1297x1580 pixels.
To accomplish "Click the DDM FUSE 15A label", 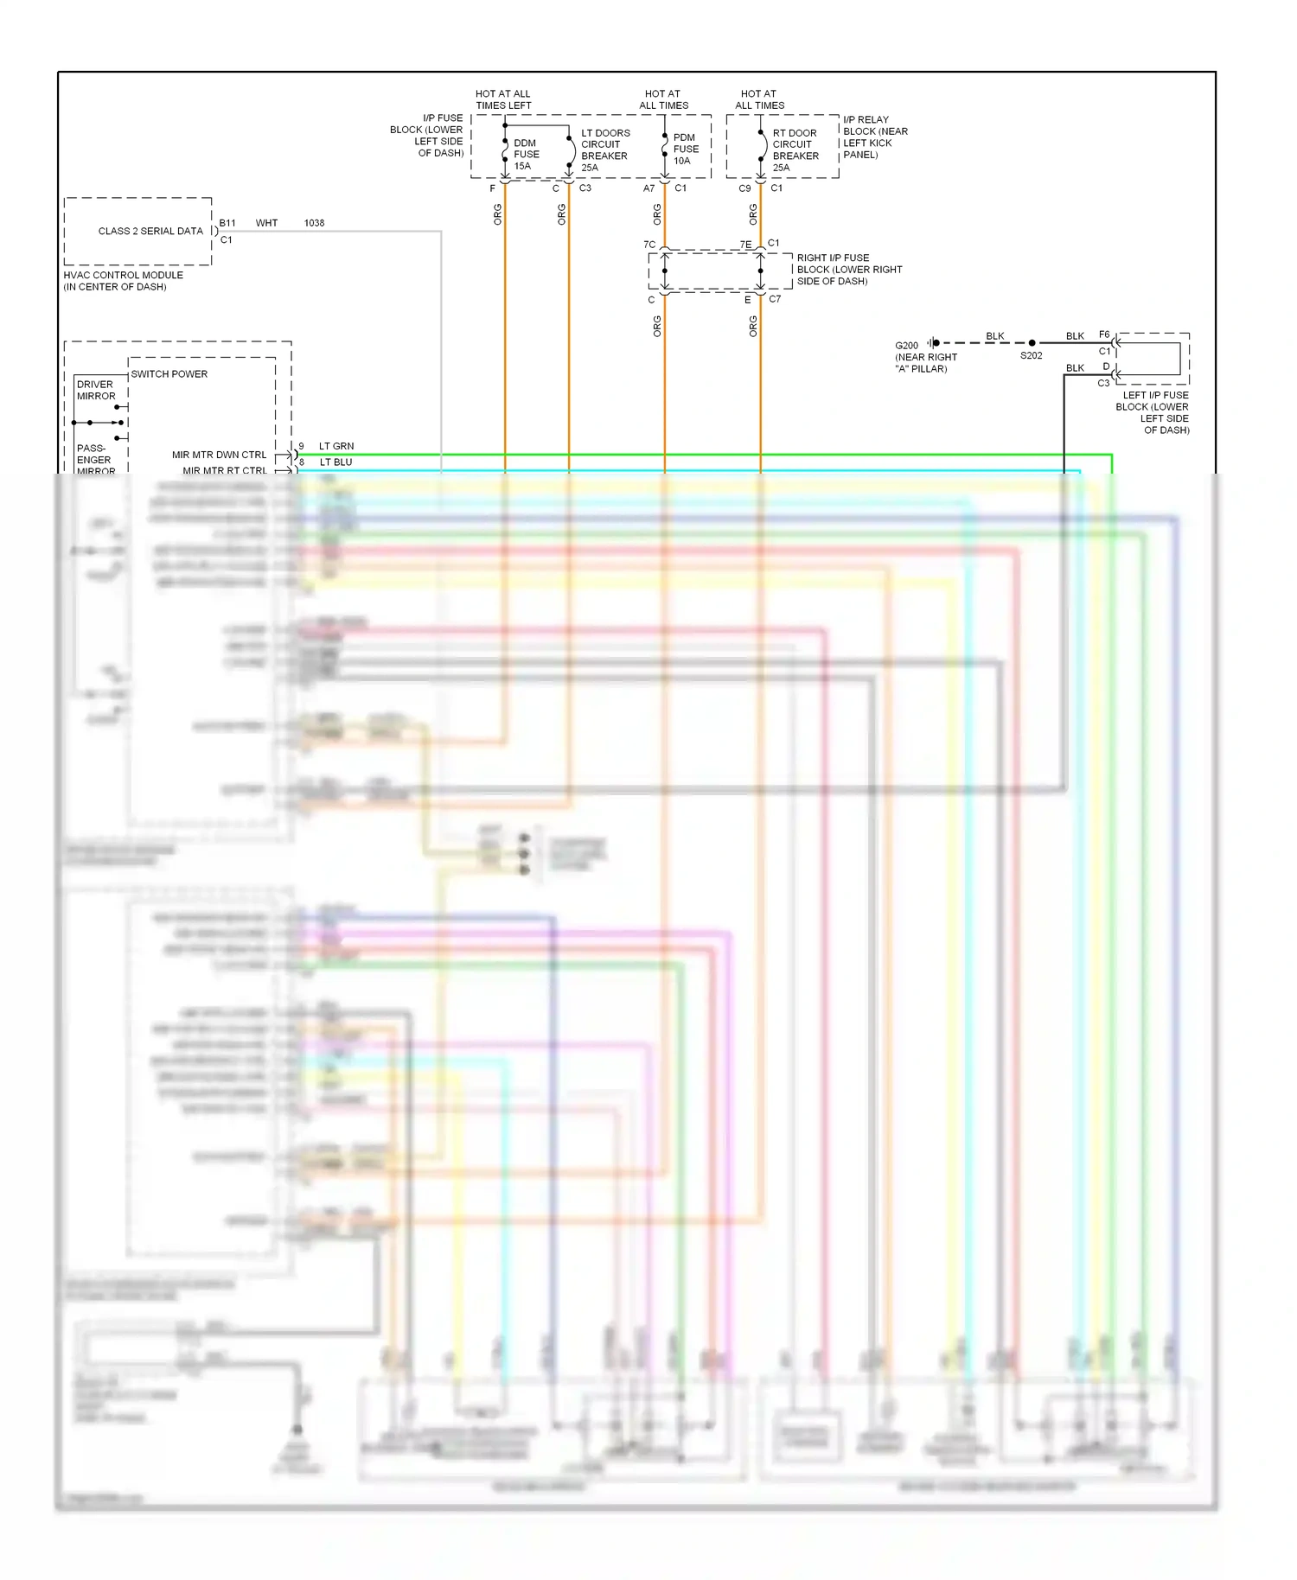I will pyautogui.click(x=526, y=155).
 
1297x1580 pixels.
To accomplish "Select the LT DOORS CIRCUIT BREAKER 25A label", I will pyautogui.click(x=604, y=150).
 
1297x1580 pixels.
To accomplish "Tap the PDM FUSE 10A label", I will pyautogui.click(x=686, y=149).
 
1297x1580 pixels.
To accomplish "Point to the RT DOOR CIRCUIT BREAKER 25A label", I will pyautogui.click(x=795, y=150).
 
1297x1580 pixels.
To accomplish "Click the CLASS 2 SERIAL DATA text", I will pyautogui.click(x=150, y=232).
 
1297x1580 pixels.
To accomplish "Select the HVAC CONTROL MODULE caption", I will pyautogui.click(x=123, y=281).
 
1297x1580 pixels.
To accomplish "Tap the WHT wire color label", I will pyautogui.click(x=266, y=223).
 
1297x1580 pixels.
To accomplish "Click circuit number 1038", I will pyautogui.click(x=314, y=223).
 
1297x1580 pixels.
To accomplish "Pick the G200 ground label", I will pyautogui.click(x=906, y=346).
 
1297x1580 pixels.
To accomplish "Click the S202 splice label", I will pyautogui.click(x=1031, y=356).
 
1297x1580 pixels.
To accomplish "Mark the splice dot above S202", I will pyautogui.click(x=1032, y=343).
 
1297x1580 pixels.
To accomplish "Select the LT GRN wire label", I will pyautogui.click(x=336, y=447).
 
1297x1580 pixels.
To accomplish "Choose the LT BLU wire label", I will pyautogui.click(x=336, y=462).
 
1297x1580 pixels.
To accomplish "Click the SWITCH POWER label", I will pyautogui.click(x=169, y=374).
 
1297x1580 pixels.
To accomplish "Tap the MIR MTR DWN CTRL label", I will pyautogui.click(x=219, y=455).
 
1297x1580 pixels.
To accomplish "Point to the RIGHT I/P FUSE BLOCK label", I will pyautogui.click(x=849, y=270).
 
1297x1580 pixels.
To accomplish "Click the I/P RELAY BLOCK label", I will pyautogui.click(x=875, y=137).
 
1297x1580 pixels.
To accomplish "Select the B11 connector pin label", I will pyautogui.click(x=227, y=223).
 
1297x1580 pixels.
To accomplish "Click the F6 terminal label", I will pyautogui.click(x=1104, y=334).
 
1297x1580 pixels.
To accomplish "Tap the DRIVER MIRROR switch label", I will pyautogui.click(x=95, y=391).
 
